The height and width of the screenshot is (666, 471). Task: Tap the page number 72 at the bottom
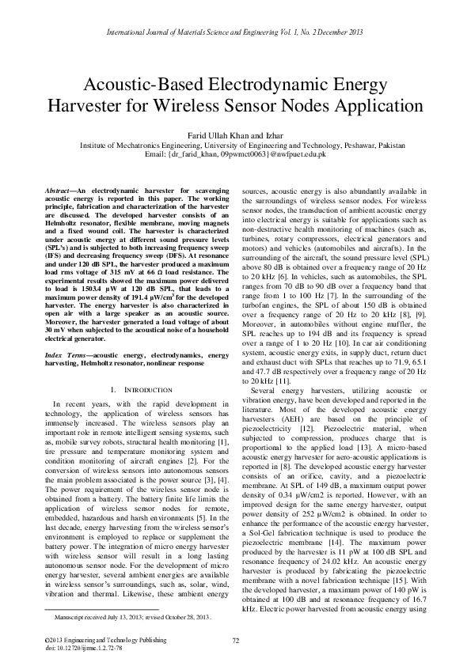[235, 639]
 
